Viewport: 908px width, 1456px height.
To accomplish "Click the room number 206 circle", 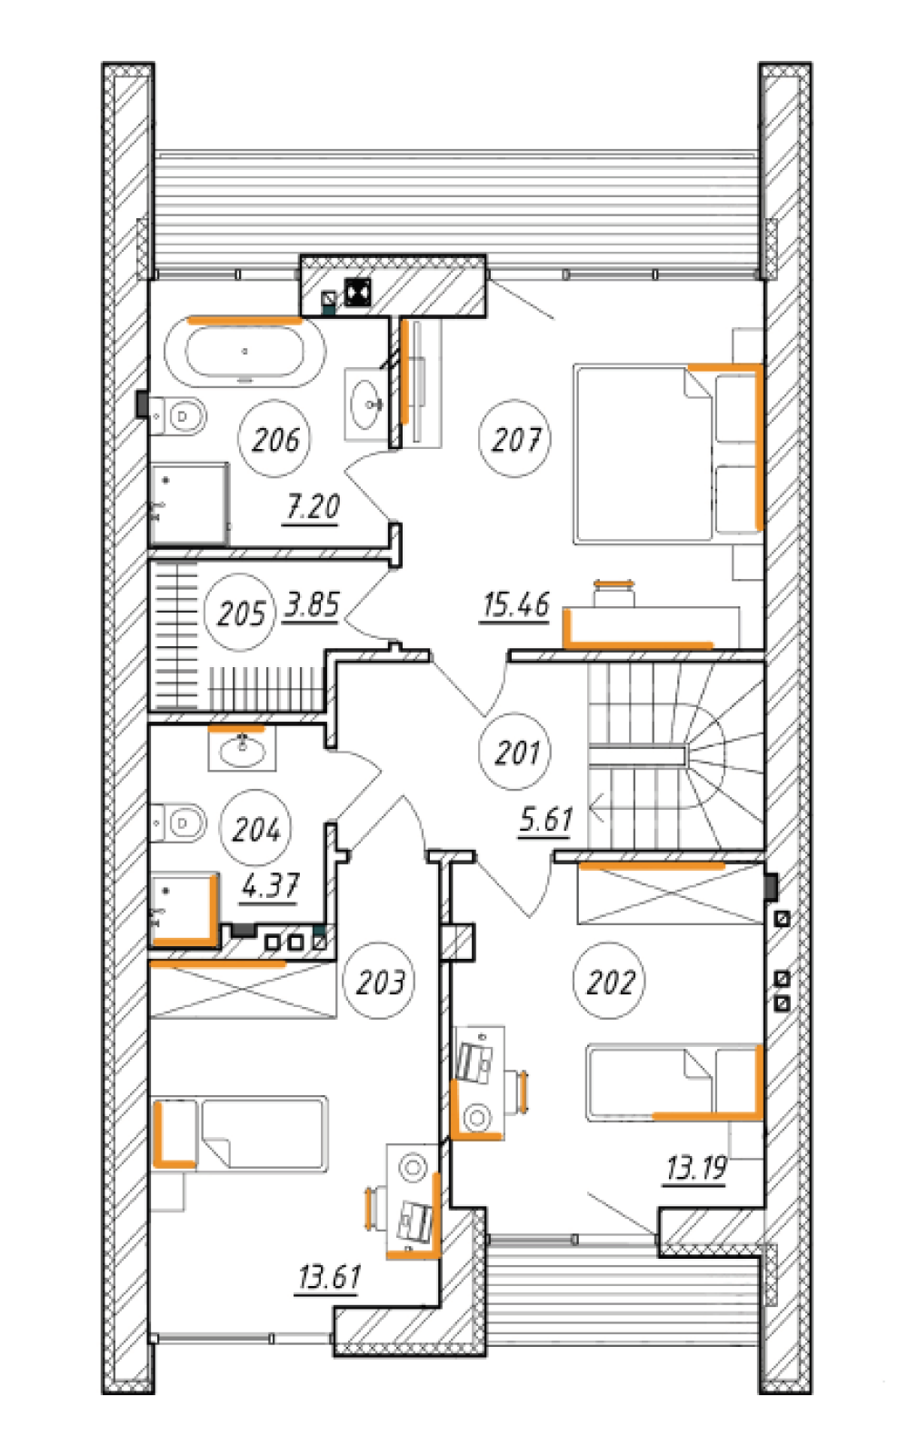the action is [x=238, y=439].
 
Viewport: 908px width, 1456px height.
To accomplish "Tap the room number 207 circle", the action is [x=479, y=439].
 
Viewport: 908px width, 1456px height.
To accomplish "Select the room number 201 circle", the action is [x=479, y=752].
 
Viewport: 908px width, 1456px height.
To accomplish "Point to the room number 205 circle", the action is [x=205, y=613].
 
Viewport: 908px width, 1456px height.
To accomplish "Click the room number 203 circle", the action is [x=344, y=981].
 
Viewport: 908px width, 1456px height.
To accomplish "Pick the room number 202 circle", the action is [x=574, y=981].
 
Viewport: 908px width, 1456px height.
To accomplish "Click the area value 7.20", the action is [x=313, y=507].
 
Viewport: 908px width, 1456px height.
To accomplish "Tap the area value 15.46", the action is [x=516, y=605].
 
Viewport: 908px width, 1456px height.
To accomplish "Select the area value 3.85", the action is [x=312, y=605].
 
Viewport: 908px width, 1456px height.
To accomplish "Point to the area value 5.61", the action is [x=546, y=820].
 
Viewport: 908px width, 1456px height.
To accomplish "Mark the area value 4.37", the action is [x=270, y=886].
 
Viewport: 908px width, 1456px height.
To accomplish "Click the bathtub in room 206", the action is [x=244, y=352].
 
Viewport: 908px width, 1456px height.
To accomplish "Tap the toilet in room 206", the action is [x=178, y=416].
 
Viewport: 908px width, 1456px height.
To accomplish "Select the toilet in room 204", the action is [x=178, y=823].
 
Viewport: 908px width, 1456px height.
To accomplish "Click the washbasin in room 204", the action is [x=242, y=750].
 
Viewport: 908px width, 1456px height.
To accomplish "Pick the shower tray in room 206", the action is [x=189, y=504].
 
